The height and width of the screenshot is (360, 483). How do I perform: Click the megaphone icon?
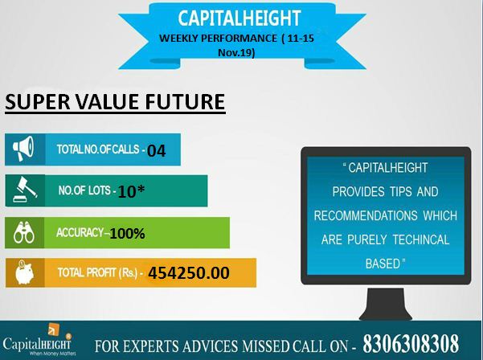[23, 149]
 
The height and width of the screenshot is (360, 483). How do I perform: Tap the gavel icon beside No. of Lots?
[25, 190]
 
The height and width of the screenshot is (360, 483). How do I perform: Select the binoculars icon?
[24, 232]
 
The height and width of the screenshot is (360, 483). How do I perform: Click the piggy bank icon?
[25, 272]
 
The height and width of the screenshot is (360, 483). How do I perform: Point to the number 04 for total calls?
[157, 151]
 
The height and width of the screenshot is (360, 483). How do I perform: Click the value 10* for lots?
[131, 191]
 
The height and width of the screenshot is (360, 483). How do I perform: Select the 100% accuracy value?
[127, 233]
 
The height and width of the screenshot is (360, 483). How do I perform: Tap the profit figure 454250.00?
[189, 273]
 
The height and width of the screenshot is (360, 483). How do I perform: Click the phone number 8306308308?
[411, 343]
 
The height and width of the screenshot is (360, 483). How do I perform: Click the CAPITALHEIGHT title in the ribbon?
[239, 18]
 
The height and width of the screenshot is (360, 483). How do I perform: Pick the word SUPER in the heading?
[38, 102]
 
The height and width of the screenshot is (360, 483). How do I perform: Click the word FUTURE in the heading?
[185, 102]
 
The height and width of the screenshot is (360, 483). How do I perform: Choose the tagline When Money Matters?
[52, 354]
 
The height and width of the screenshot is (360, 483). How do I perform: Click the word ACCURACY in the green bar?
[80, 232]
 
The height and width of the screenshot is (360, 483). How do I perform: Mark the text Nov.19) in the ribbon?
[236, 53]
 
